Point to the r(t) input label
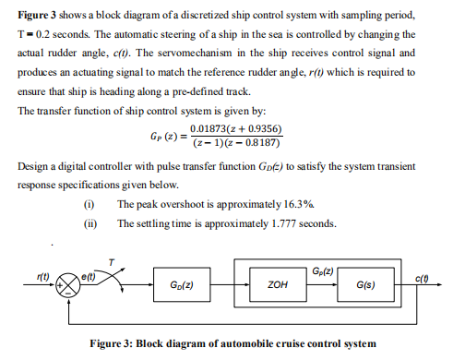tap(42, 272)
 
